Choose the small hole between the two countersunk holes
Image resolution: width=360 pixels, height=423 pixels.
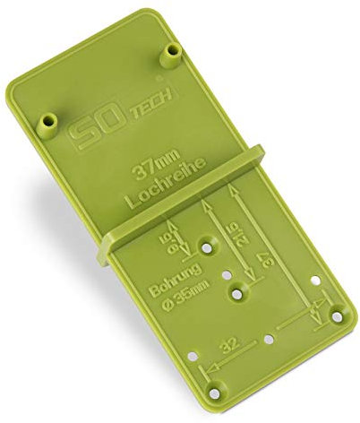click(x=229, y=270)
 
